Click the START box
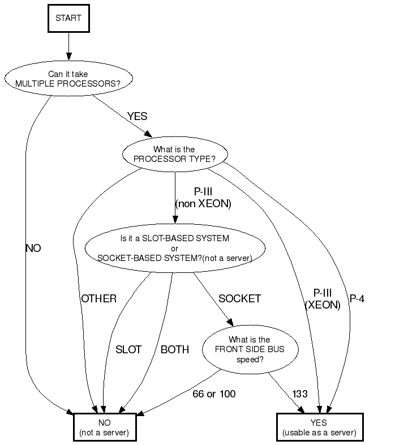coord(68,18)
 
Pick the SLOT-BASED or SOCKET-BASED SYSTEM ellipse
coord(174,248)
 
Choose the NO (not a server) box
coord(105,427)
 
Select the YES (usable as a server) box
coord(319,427)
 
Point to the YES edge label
coord(137,116)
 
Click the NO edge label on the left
coord(33,248)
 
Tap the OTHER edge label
coord(98,298)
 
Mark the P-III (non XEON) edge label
coord(203,198)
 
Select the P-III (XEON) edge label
coord(323,299)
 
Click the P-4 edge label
coord(357,298)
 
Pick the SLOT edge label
coord(128,349)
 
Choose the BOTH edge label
coord(175,349)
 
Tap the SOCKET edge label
coord(240,298)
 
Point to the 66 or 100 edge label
coord(213,393)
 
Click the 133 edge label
coord(300,393)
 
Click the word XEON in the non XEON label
coord(215,204)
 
